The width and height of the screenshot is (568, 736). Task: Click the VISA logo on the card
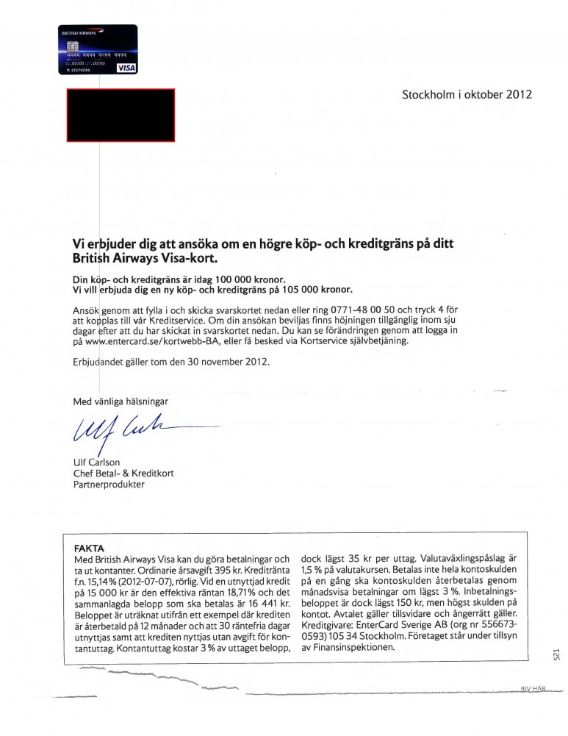[126, 68]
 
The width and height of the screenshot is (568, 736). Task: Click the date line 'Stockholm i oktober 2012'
[467, 95]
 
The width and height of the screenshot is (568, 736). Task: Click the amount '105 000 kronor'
[315, 290]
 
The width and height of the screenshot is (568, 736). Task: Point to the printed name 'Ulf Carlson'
[98, 462]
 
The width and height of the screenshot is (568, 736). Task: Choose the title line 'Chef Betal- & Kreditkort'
[123, 474]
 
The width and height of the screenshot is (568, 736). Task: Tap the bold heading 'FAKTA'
[90, 549]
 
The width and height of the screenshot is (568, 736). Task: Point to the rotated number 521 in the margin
[556, 652]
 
